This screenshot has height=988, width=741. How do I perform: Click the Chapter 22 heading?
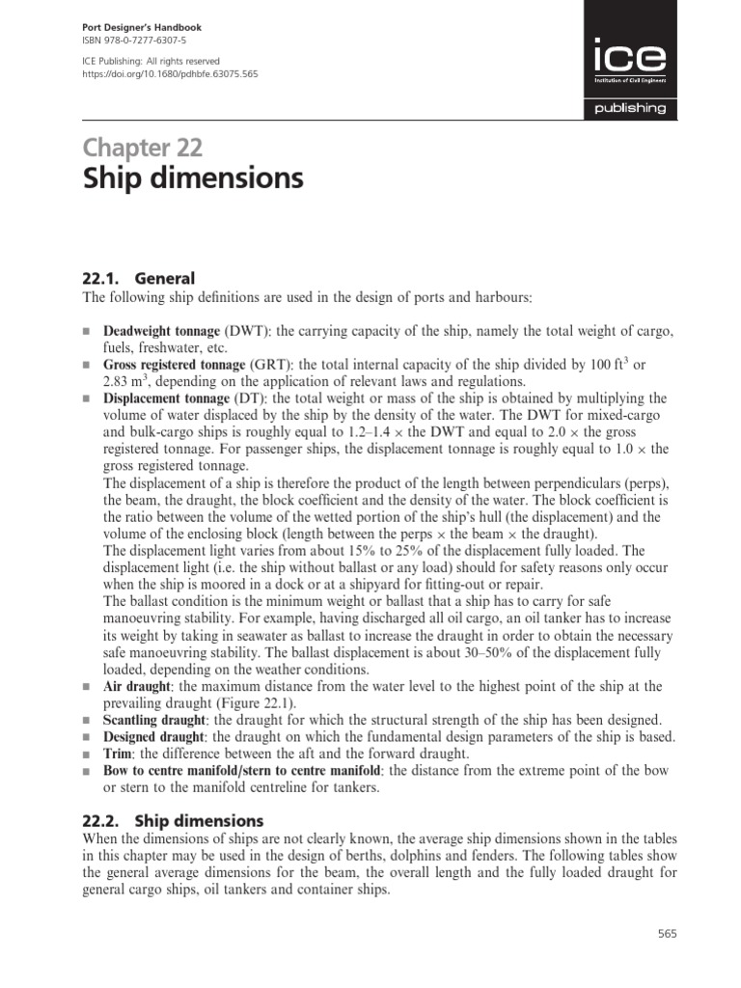pos(143,147)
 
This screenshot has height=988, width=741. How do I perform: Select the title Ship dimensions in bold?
pos(193,179)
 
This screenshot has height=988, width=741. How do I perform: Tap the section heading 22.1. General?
pos(139,278)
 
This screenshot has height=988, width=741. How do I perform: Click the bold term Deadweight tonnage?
pos(161,332)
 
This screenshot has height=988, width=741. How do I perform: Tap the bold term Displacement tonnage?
pos(163,398)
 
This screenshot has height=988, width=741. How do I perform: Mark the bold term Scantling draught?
pos(154,721)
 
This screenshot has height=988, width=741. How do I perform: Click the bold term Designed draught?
pos(152,737)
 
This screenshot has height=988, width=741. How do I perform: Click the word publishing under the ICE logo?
pos(630,109)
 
